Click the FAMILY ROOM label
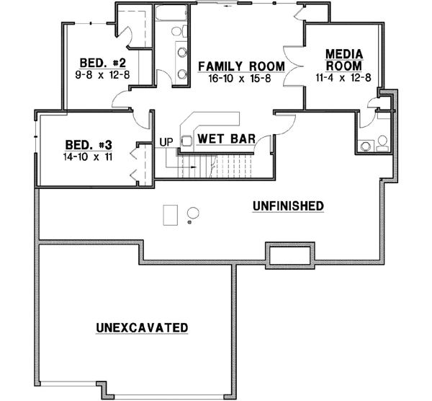tap(241, 66)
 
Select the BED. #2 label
tap(91, 61)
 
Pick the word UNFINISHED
tap(287, 206)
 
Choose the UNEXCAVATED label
tap(142, 327)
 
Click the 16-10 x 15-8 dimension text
tap(241, 78)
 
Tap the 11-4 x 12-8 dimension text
tap(343, 78)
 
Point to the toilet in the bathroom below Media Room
tap(382, 141)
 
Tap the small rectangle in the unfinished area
tap(170, 215)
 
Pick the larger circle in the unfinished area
tap(193, 212)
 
